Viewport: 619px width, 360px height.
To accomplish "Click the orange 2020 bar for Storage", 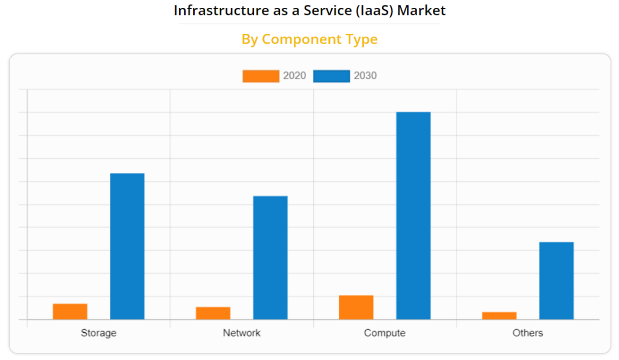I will pyautogui.click(x=70, y=311).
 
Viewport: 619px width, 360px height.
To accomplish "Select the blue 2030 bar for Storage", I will pyautogui.click(x=127, y=246).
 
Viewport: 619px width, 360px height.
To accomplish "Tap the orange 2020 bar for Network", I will pyautogui.click(x=213, y=313).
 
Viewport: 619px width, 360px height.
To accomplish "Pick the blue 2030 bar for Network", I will pyautogui.click(x=270, y=257).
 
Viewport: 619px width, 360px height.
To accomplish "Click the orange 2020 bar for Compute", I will pyautogui.click(x=356, y=307).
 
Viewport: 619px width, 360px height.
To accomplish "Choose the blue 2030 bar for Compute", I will pyautogui.click(x=413, y=216).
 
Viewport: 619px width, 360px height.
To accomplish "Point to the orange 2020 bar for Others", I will pyautogui.click(x=499, y=315).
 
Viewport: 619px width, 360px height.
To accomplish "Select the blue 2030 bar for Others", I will pyautogui.click(x=556, y=280).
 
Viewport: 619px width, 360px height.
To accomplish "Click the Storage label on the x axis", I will pyautogui.click(x=99, y=333).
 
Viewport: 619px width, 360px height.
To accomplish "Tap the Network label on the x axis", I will pyautogui.click(x=242, y=333).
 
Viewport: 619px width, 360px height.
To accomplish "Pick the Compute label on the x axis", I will pyautogui.click(x=384, y=333).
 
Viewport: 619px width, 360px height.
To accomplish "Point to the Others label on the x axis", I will pyautogui.click(x=528, y=333).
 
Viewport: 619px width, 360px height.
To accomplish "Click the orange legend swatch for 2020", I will pyautogui.click(x=261, y=76).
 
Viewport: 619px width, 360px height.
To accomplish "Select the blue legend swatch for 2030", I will pyautogui.click(x=331, y=76).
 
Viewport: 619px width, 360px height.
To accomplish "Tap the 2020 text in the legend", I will pyautogui.click(x=294, y=76).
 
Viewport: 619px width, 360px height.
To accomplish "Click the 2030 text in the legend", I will pyautogui.click(x=365, y=76).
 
